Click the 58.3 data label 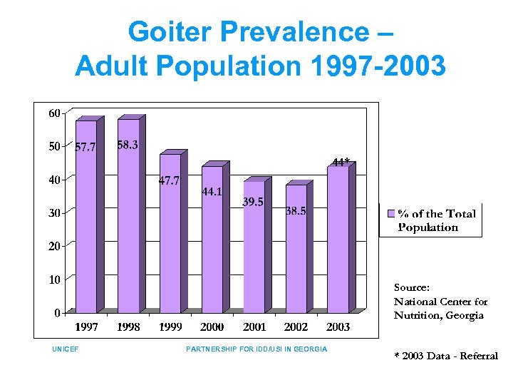click(128, 145)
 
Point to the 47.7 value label click(169, 181)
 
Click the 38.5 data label click(296, 211)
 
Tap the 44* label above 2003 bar click(341, 162)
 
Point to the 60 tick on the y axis click(54, 113)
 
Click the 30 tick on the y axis click(54, 212)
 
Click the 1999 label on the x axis click(170, 327)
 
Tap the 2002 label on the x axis click(296, 327)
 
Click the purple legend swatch click(390, 213)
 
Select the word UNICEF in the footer click(65, 349)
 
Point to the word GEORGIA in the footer click(310, 349)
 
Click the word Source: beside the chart click(412, 287)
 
